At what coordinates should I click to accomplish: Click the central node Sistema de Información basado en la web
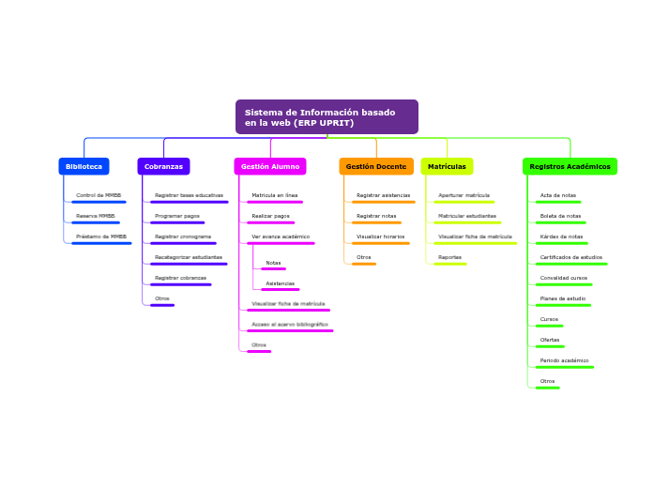[x=327, y=117]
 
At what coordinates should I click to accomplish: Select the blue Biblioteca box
[x=84, y=166]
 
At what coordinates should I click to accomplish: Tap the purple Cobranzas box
[x=163, y=166]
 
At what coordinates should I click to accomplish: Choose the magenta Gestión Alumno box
[x=270, y=166]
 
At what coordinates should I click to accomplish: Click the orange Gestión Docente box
[x=376, y=166]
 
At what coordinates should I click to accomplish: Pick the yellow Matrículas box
[x=447, y=166]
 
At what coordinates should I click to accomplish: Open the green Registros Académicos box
[x=570, y=166]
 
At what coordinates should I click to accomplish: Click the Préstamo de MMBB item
[x=101, y=236]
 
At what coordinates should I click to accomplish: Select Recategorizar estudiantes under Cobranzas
[x=189, y=257]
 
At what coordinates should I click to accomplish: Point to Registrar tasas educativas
[x=189, y=195]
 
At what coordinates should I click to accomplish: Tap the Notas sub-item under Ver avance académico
[x=273, y=263]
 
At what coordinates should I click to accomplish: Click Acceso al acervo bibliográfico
[x=290, y=325]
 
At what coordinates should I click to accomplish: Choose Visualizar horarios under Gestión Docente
[x=381, y=236]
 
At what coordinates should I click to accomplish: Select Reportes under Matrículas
[x=449, y=257]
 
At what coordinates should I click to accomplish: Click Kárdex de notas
[x=561, y=236]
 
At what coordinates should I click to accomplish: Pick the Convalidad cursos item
[x=564, y=278]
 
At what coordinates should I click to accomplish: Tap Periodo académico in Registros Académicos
[x=564, y=360]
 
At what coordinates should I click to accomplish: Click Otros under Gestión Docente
[x=363, y=257]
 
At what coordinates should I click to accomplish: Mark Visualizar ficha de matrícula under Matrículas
[x=475, y=236]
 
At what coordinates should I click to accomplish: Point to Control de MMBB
[x=99, y=195]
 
